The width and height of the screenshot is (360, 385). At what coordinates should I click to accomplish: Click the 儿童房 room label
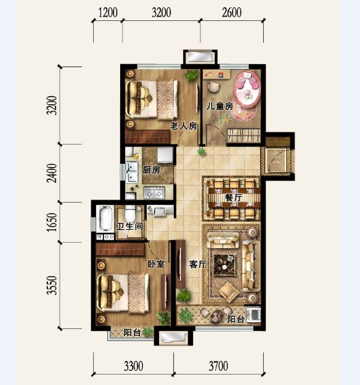pos(219,107)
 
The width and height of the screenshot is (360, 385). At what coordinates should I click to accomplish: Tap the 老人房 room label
pos(184,126)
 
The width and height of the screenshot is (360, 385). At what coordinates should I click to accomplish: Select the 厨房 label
pos(152,170)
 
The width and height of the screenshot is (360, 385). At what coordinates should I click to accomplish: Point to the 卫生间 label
pos(129,226)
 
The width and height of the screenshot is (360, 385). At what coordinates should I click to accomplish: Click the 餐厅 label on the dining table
pos(234,197)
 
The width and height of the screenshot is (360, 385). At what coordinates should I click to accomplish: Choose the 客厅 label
pos(198,264)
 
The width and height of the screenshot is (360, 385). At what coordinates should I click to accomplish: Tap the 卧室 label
pos(156,264)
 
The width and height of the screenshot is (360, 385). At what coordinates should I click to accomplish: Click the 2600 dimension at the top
pos(232,13)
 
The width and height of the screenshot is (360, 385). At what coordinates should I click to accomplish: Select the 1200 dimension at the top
pos(108,13)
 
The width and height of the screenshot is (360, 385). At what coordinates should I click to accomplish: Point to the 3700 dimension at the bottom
pos(218,366)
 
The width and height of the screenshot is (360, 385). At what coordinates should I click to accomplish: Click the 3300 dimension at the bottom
pos(133,366)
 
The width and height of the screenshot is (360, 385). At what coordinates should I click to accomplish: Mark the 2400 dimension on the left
pos(52,173)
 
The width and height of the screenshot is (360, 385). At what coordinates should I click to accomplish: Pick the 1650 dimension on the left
pos(52,222)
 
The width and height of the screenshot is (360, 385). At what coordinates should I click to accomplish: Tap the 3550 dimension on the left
pos(52,285)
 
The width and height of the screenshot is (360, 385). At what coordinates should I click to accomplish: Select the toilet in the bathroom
pos(130,213)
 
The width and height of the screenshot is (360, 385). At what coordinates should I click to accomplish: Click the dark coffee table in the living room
pos(224,264)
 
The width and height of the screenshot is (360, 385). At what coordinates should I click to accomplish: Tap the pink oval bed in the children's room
pos(247,89)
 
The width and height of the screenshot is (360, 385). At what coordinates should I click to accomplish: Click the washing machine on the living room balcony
pos(254,315)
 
